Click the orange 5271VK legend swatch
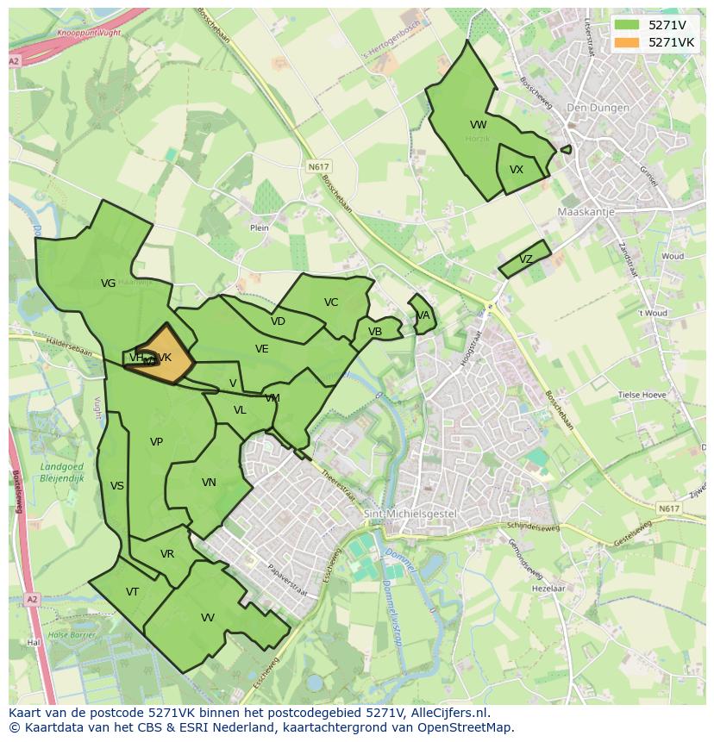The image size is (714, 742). pos(627,42)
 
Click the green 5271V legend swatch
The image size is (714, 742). pos(627,25)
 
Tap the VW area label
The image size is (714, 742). pos(479,125)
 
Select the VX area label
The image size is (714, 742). pos(517,170)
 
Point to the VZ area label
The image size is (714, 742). pos(526,259)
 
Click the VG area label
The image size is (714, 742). pos(108,283)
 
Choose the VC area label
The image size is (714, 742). pos(331,302)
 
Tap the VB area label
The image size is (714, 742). pos(375,332)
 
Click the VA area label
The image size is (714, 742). pos(423,315)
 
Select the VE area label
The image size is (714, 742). pos(262,349)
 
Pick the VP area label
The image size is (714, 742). pos(156,442)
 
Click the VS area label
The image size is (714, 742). pos(117,486)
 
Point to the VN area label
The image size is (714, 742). pos(209,483)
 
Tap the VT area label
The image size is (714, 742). pos(132,592)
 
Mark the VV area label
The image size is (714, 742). pos(208,618)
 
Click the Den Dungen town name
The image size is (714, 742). pos(594,108)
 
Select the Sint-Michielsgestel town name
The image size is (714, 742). pos(410,514)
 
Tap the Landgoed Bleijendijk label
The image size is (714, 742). pos(61,472)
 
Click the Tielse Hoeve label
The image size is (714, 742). pos(642,395)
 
